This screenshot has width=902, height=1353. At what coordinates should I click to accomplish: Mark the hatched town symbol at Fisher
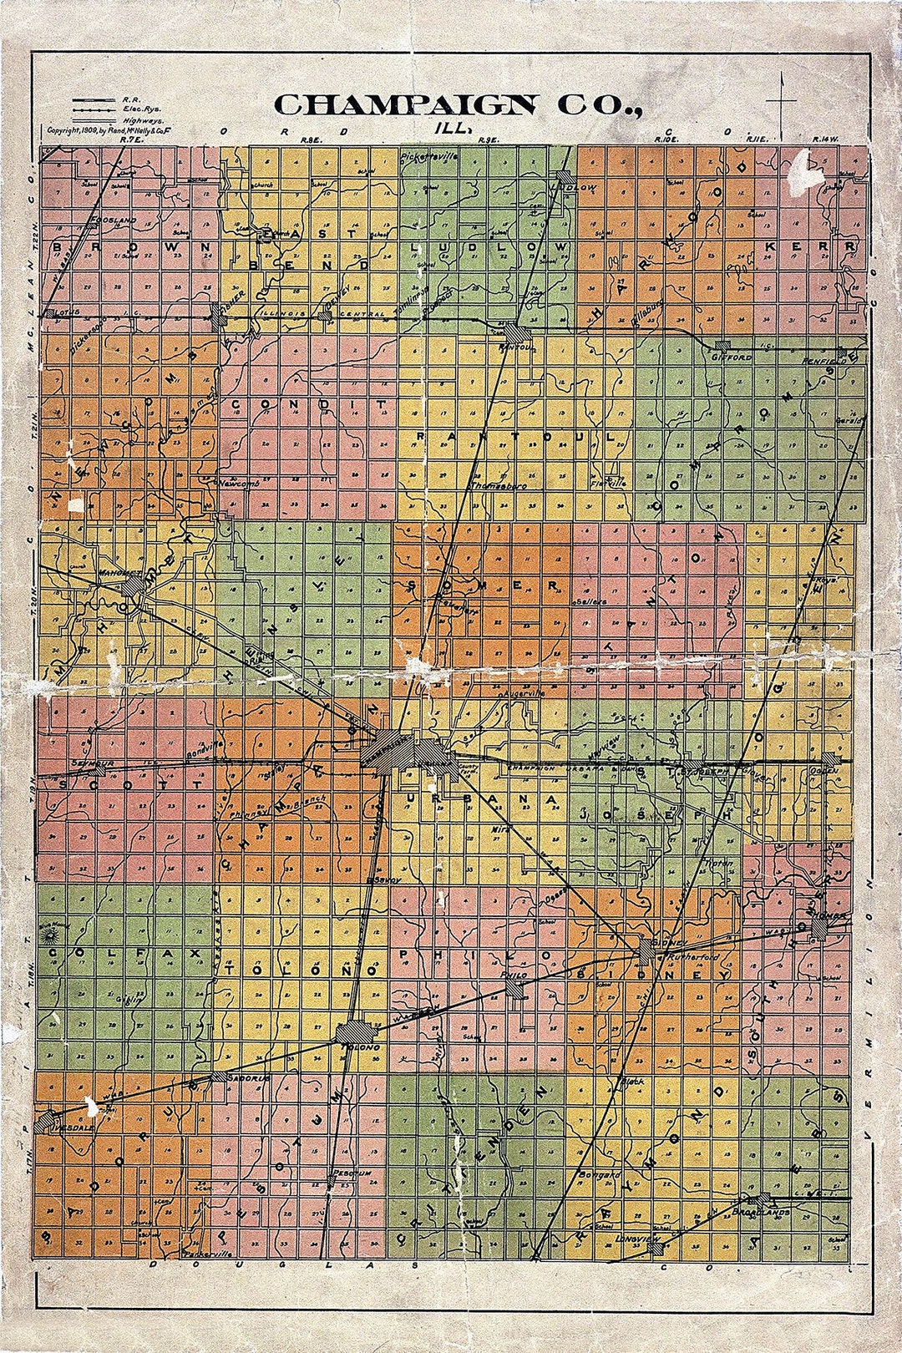(x=220, y=312)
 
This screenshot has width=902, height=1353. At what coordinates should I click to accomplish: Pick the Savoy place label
(x=385, y=879)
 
